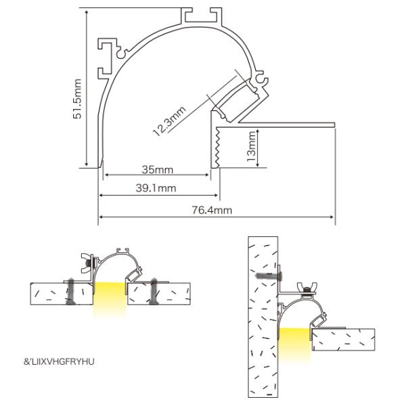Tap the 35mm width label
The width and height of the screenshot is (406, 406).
click(x=157, y=168)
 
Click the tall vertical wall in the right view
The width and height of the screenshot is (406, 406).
click(x=263, y=318)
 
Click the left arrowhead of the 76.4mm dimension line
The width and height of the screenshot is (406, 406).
click(x=101, y=217)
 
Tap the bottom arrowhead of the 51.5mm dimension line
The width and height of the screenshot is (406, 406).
click(x=87, y=164)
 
